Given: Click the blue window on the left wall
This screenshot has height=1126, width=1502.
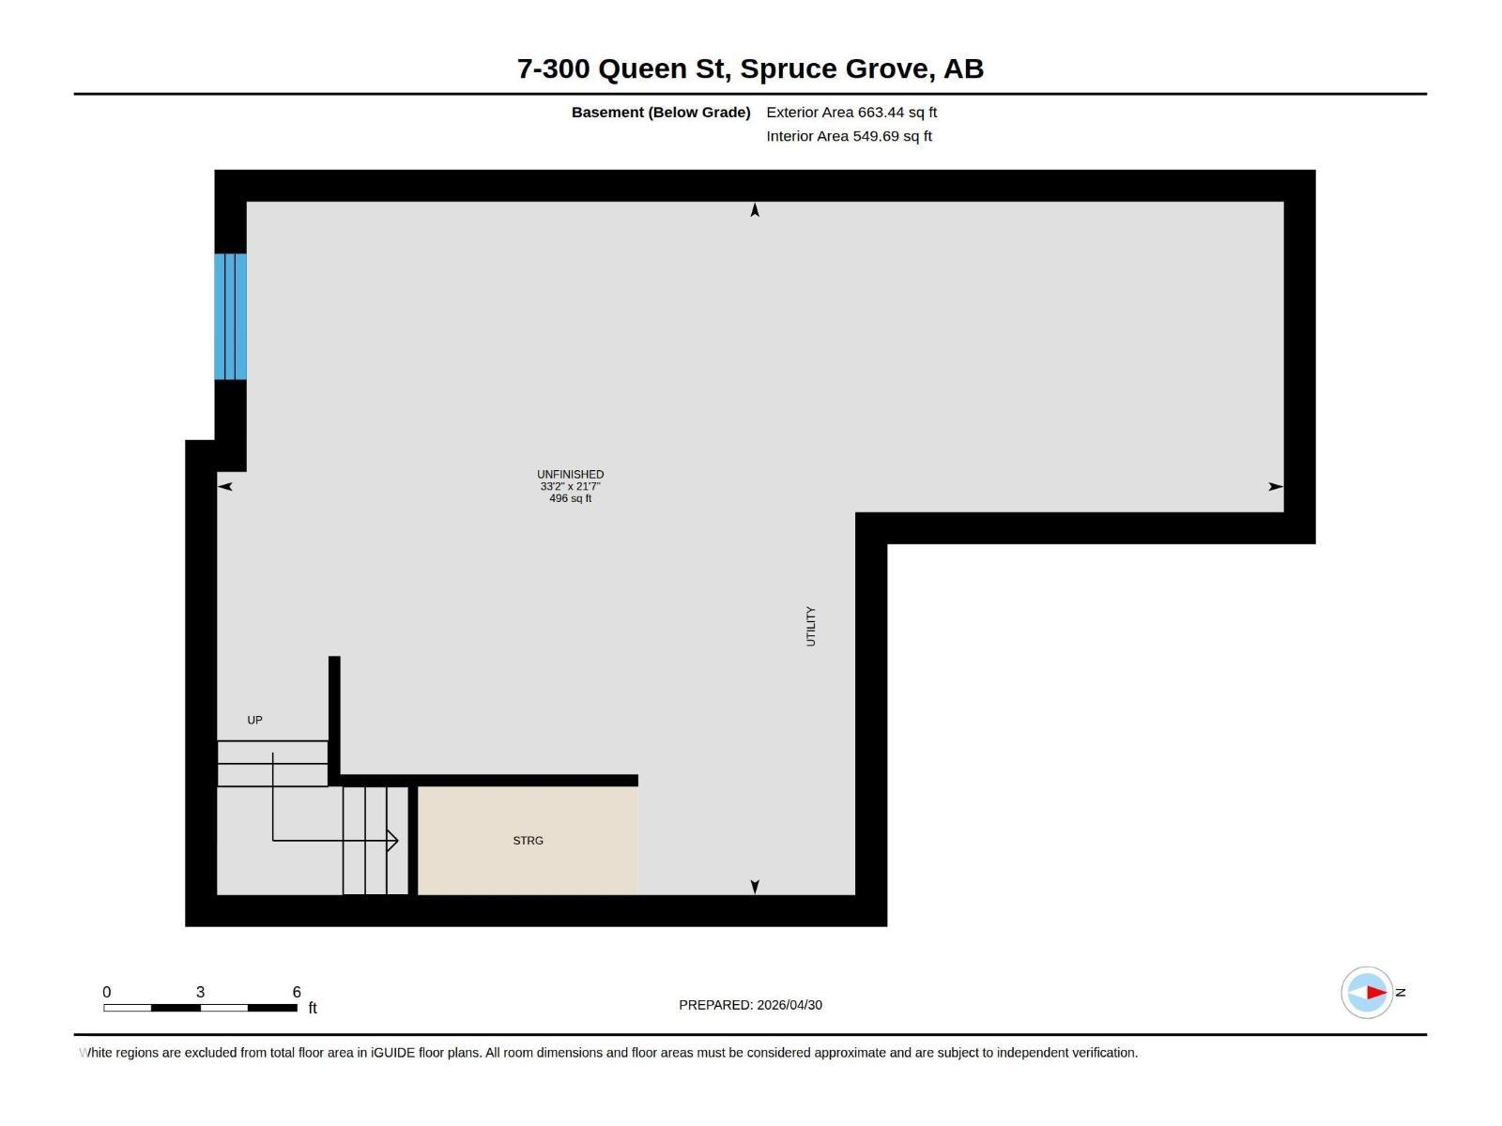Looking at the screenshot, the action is pos(231,316).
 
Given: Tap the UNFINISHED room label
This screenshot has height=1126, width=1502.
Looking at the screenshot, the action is pos(570,475).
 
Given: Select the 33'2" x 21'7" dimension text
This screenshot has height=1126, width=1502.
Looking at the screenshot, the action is pos(570,487).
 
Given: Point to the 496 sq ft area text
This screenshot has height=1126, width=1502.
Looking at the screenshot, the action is pos(570,498).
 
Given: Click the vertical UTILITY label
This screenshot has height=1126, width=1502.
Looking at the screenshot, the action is pos(811,626).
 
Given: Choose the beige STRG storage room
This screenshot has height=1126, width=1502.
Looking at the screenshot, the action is pos(528,840).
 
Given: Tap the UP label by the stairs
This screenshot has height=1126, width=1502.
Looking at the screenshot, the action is pos(254,720).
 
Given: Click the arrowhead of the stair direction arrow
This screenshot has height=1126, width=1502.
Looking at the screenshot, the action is pos(392,840).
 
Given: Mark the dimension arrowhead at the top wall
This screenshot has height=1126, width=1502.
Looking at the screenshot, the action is pos(755,210).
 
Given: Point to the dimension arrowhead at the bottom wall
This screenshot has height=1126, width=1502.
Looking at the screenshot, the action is pos(755,887).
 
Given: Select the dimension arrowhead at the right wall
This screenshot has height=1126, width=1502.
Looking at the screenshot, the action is pos(1276,487).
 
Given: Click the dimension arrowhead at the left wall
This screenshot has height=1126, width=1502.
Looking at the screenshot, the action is pos(225,487).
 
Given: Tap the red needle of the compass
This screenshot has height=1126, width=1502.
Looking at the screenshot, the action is pos(1376,992).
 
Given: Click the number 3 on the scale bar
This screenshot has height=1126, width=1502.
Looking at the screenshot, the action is pos(201,992).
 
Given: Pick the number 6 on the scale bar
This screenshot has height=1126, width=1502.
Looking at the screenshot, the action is pos(297,992).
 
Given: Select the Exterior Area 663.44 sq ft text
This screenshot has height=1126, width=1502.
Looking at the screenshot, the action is pos(851,112).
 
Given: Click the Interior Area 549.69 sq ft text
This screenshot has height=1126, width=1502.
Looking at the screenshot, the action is pos(850,136).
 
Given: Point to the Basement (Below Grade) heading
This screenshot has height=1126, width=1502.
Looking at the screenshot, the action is pos(661,112).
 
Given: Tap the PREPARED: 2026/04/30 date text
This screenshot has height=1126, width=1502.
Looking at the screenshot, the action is pos(751,1005).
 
